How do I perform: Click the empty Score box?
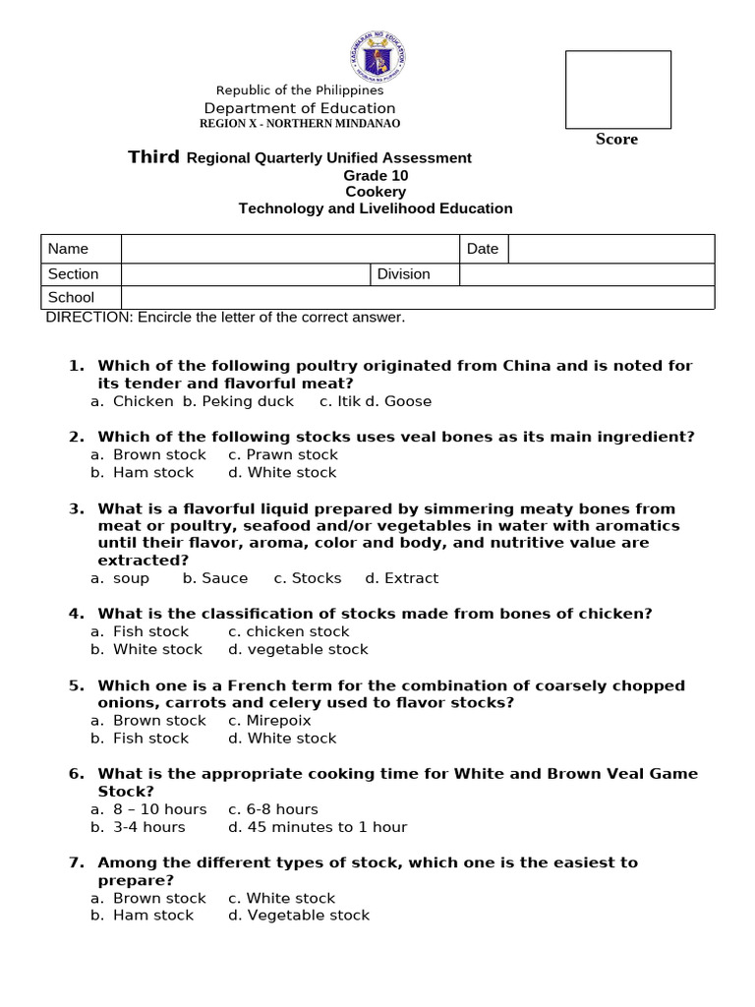pyautogui.click(x=617, y=89)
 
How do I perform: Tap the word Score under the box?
pyautogui.click(x=616, y=140)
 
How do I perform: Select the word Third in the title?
pyautogui.click(x=154, y=157)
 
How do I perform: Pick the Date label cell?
pyautogui.click(x=483, y=249)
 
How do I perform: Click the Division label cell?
pyautogui.click(x=404, y=274)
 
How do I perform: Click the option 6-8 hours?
pyautogui.click(x=273, y=809)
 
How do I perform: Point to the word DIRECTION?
pyautogui.click(x=89, y=317)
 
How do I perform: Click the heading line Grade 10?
pyautogui.click(x=376, y=176)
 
